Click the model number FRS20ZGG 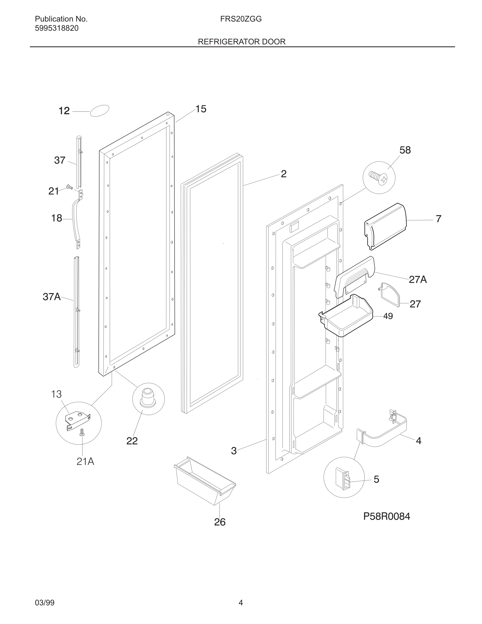[x=241, y=19]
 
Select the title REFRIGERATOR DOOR [x=242, y=42]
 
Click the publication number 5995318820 [x=56, y=28]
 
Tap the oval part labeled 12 [x=99, y=111]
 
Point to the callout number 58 [x=405, y=150]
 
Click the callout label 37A [x=52, y=297]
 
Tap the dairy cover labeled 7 [x=385, y=226]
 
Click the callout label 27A [x=417, y=279]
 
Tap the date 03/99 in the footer [x=45, y=602]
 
